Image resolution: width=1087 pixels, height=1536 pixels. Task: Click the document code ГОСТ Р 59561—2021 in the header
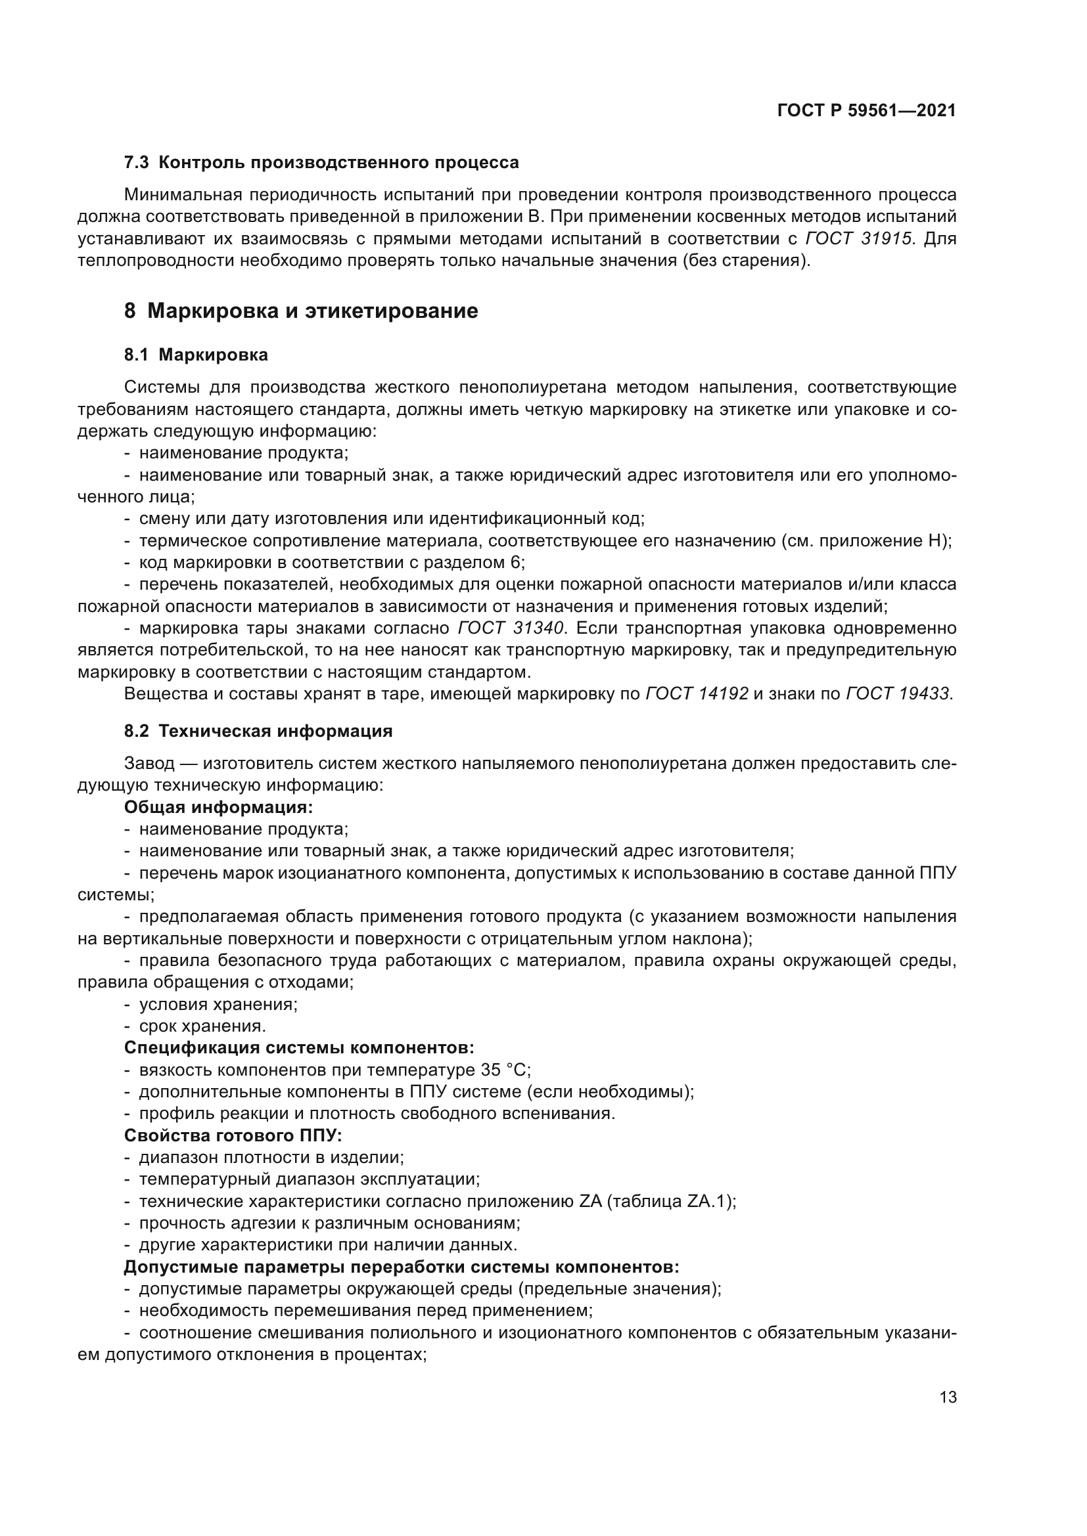866,111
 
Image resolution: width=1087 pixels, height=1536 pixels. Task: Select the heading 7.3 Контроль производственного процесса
321,163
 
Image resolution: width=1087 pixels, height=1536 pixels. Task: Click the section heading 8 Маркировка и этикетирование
301,311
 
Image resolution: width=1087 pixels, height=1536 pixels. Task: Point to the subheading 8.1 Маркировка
196,355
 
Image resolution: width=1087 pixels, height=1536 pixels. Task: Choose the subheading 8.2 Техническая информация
258,731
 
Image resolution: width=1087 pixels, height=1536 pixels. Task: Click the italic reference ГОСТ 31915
858,239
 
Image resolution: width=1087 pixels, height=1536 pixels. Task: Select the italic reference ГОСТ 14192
697,693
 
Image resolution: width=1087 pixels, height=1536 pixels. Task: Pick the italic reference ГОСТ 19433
897,693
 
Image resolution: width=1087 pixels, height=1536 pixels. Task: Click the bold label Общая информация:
218,808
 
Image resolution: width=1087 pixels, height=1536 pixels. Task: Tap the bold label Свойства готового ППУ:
233,1135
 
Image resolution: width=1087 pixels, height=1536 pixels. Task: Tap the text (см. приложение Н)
866,540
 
